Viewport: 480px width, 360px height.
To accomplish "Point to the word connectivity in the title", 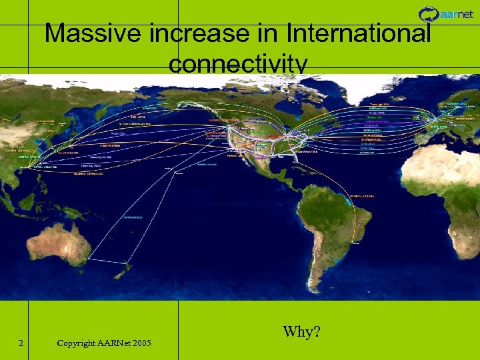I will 238,64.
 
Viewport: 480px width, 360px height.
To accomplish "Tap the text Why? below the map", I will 301,331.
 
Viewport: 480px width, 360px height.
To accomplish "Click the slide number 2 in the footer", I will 22,343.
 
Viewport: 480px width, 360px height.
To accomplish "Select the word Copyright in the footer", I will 75,343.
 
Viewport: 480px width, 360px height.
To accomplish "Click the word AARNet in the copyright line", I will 111,343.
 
